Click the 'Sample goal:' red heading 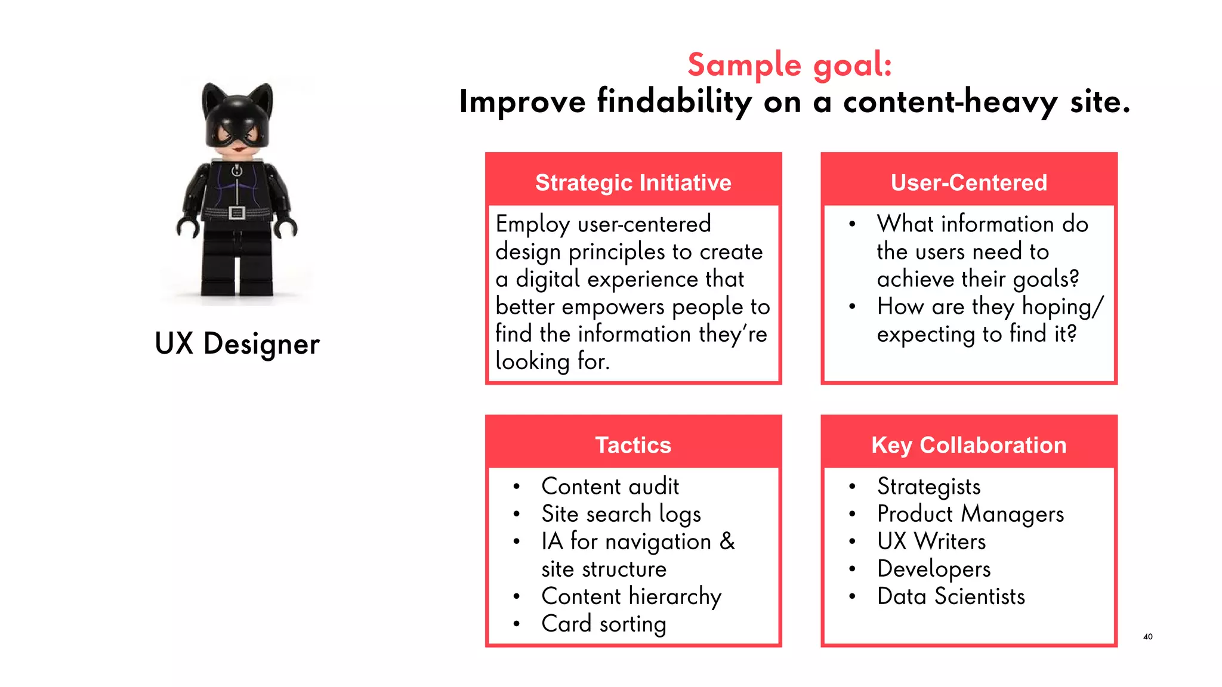(789, 64)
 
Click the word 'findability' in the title (674, 101)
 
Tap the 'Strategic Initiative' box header (633, 182)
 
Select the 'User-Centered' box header (968, 182)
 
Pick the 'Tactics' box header (633, 445)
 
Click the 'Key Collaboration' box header (968, 445)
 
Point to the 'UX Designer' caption (237, 344)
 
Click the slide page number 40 (1147, 637)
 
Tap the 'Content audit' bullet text (610, 487)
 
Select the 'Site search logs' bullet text (621, 514)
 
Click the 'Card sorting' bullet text (603, 624)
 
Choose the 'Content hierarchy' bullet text (631, 596)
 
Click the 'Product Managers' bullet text (970, 514)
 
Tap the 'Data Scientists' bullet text (951, 596)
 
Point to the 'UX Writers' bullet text (931, 541)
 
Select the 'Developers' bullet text (933, 569)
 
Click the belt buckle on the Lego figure (237, 213)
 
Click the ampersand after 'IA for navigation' (727, 541)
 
